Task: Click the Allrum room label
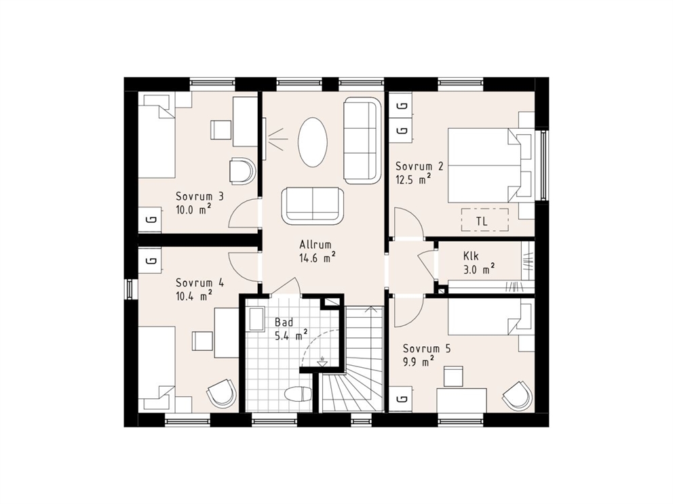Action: point(315,245)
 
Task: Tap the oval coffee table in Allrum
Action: point(313,142)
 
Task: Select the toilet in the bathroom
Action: point(298,394)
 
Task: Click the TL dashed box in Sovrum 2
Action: point(484,220)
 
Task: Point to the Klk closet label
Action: point(471,256)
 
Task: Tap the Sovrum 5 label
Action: point(427,348)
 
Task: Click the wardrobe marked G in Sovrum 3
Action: point(150,220)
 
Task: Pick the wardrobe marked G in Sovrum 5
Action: point(401,399)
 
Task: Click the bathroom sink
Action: point(256,318)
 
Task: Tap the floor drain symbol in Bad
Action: point(322,361)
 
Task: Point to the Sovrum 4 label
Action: point(199,283)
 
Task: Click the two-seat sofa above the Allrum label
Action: point(313,205)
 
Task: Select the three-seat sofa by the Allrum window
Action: point(363,141)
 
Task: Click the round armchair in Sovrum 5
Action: point(518,395)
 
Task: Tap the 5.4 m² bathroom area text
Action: point(290,335)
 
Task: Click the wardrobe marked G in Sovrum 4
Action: point(150,259)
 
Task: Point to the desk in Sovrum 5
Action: point(461,400)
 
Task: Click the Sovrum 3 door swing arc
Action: point(238,209)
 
